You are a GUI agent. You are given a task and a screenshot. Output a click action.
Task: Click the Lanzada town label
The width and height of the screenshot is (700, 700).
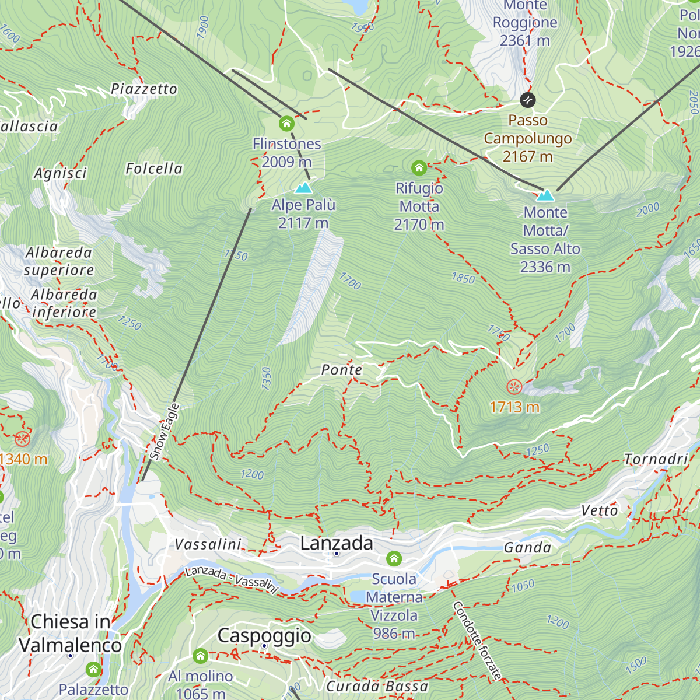tap(337, 543)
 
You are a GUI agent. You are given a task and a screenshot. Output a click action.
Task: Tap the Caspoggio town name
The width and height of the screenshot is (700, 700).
tap(264, 635)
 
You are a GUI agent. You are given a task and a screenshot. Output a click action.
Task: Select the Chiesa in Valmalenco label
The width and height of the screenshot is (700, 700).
tap(70, 633)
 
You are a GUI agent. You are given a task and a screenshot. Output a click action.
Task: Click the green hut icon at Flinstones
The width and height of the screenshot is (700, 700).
tap(286, 124)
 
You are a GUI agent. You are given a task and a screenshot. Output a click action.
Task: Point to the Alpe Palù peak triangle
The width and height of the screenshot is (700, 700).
tap(303, 188)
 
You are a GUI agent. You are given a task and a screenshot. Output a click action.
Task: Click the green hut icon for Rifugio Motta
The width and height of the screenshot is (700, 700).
tap(419, 169)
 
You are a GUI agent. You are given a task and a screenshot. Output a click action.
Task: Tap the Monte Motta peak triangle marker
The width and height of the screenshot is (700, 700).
tap(545, 195)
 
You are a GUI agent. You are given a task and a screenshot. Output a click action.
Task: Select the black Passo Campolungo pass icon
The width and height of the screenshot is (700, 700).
tap(527, 100)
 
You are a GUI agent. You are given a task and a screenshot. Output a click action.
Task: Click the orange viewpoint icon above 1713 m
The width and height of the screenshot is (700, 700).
tap(514, 387)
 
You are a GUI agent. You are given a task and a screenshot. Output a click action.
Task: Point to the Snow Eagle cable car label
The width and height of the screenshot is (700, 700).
tap(164, 431)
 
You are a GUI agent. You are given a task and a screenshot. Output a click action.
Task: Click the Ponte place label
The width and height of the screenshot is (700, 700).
tap(342, 370)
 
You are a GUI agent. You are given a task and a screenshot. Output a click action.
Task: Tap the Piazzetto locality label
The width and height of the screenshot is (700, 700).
tap(144, 89)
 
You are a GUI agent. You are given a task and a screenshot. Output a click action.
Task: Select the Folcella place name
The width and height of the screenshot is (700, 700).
tap(154, 169)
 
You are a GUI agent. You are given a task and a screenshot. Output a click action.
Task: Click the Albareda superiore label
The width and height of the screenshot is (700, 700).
tap(59, 261)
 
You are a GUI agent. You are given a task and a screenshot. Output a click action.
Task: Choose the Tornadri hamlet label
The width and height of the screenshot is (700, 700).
tap(656, 459)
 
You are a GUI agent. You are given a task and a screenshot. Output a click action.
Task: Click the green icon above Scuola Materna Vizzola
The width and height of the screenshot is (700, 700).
tap(394, 559)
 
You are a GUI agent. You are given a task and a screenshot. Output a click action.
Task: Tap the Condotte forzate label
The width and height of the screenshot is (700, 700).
tap(477, 640)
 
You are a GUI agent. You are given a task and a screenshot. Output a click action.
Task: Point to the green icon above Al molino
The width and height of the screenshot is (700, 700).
tap(201, 656)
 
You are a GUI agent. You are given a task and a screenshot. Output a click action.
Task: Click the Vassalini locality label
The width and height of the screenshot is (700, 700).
tap(208, 544)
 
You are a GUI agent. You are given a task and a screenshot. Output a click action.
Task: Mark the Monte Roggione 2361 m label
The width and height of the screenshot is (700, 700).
tap(525, 23)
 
